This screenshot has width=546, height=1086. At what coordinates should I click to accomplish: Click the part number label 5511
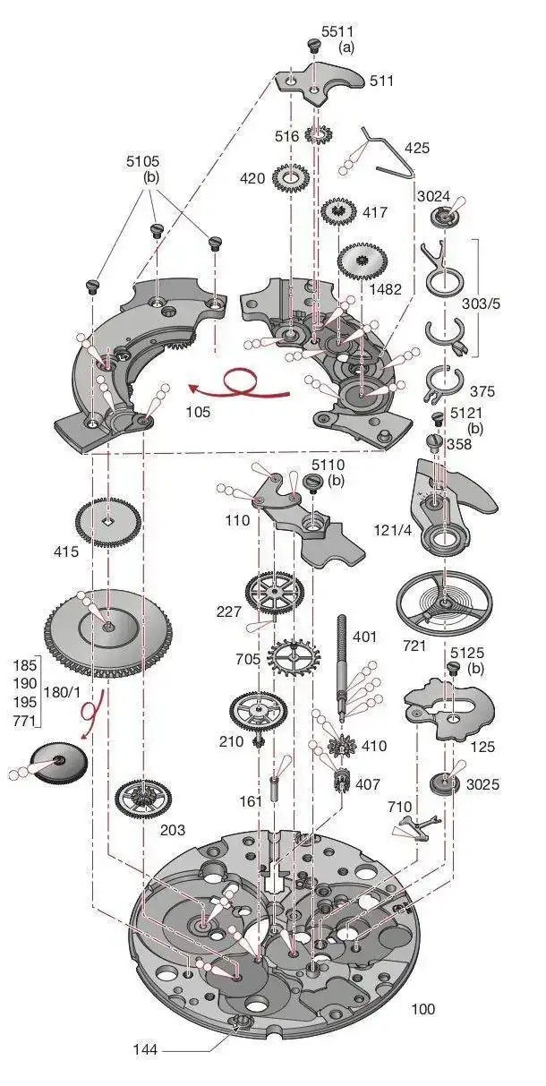(x=337, y=31)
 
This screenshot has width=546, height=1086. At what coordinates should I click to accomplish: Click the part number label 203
(x=173, y=830)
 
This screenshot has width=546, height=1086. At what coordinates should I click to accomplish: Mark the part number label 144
(x=148, y=1048)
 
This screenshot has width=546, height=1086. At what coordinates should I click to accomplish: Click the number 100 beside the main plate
(x=422, y=1009)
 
